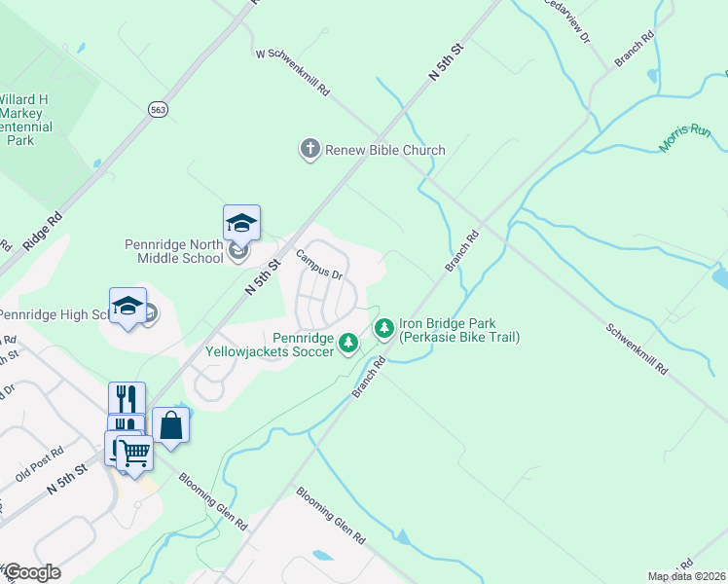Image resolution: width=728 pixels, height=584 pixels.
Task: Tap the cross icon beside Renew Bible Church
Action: (x=309, y=149)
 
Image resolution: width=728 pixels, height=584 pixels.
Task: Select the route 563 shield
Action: (x=158, y=110)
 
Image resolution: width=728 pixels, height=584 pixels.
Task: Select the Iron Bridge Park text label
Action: (x=459, y=330)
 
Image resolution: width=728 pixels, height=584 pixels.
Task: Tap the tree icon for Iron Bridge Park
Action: (x=384, y=328)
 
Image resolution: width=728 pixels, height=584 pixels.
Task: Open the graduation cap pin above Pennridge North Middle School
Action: (x=241, y=223)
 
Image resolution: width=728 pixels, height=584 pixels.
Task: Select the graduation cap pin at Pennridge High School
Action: (x=127, y=306)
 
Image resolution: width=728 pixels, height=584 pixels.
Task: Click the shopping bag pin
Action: (x=171, y=425)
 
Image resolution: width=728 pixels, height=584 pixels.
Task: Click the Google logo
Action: (x=31, y=572)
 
